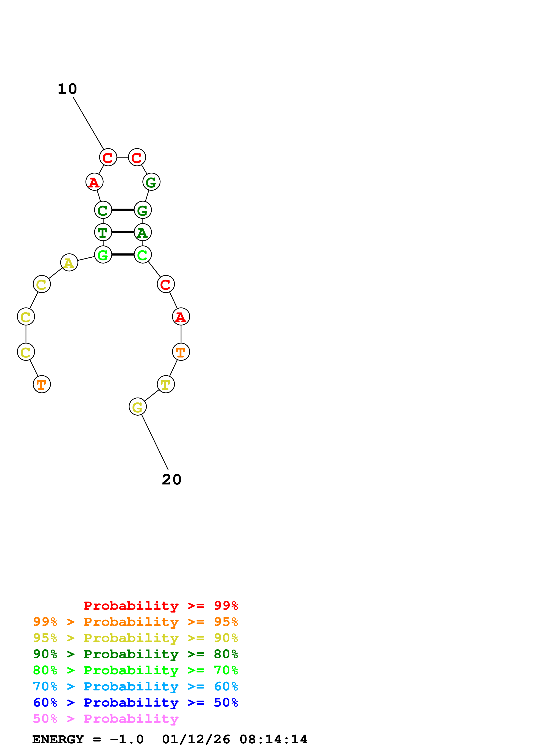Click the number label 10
67,89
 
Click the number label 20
171,480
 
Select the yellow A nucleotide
69,263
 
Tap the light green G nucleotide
103,255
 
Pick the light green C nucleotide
142,255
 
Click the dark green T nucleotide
103,232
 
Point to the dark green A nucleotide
142,232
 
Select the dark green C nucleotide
103,210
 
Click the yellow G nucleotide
137,407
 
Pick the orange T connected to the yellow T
181,352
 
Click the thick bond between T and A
123,232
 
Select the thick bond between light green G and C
123,255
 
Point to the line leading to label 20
155,442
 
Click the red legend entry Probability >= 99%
160,606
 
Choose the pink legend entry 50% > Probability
106,719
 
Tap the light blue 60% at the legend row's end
226,687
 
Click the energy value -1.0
127,740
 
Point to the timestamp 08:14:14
273,740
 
